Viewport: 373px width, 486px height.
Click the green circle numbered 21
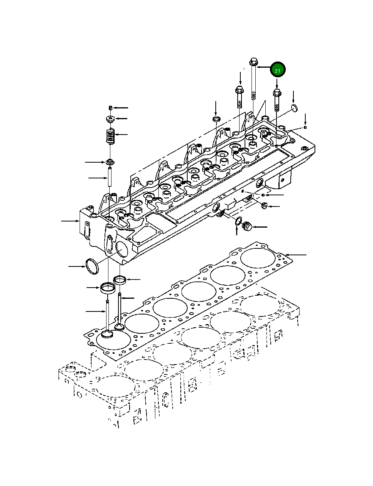(x=278, y=70)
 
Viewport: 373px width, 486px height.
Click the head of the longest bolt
(x=253, y=61)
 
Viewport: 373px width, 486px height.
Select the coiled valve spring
(x=111, y=136)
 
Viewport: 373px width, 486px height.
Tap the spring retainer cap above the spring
(x=111, y=119)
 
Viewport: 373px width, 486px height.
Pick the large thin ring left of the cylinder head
(x=91, y=267)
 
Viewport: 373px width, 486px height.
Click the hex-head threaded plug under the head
(x=246, y=227)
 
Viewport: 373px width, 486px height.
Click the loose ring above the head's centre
(x=216, y=118)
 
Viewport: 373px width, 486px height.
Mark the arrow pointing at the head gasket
(x=296, y=255)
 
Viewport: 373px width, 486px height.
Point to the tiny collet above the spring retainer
(x=110, y=107)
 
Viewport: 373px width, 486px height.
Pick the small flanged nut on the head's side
(x=264, y=206)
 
